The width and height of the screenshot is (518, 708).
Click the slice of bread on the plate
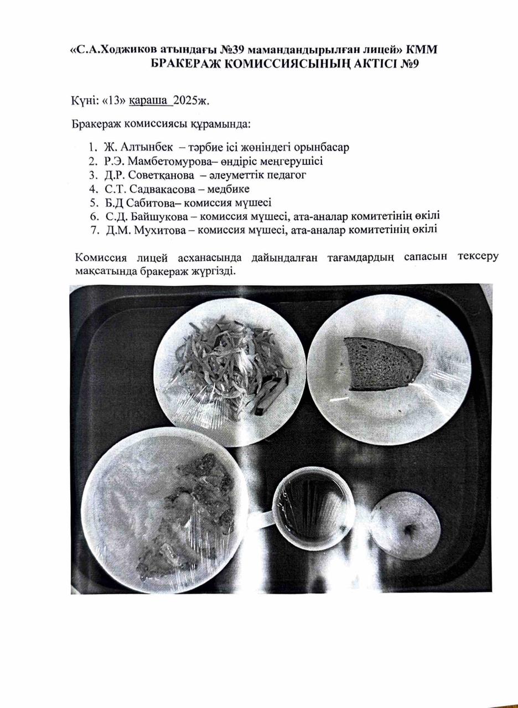point(382,364)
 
